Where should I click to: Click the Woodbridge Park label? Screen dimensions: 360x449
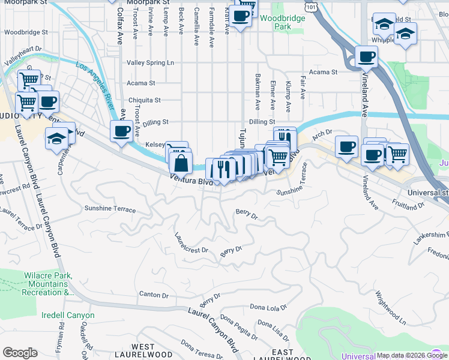coord(283,22)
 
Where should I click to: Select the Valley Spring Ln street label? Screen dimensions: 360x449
coord(150,62)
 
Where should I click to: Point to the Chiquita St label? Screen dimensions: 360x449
coord(145,100)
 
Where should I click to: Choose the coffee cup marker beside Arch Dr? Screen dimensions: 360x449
coord(346,146)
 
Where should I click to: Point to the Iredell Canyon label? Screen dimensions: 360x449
coord(68,315)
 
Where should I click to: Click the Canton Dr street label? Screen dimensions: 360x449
coord(154,295)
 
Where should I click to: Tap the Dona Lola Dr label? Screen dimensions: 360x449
coord(268,308)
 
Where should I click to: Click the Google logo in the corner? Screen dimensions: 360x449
coord(20,353)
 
